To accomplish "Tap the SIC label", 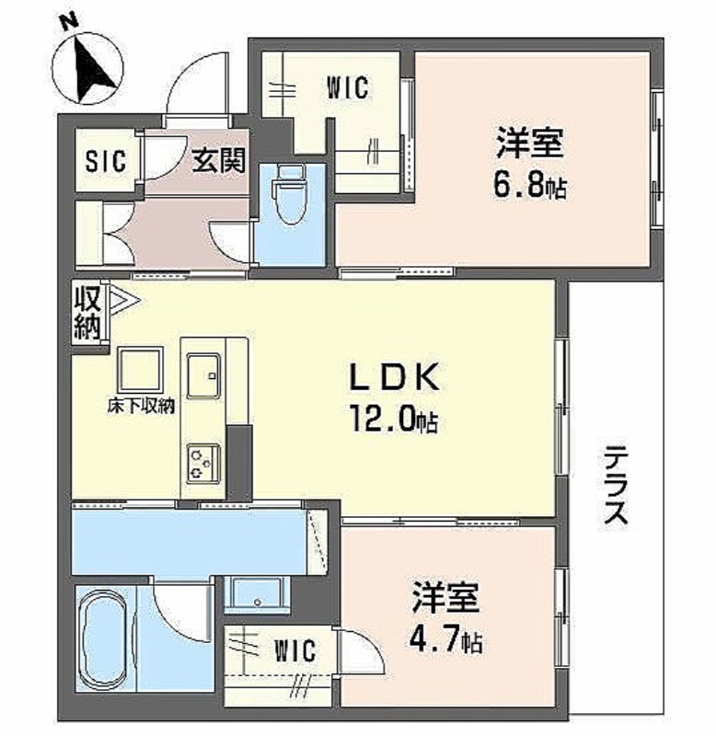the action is (x=106, y=161).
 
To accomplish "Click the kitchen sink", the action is (x=203, y=375).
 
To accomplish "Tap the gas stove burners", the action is (x=203, y=463).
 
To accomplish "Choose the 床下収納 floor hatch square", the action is (x=141, y=371).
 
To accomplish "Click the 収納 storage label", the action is (x=87, y=313).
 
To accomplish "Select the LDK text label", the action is (x=395, y=377).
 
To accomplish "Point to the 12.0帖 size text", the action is (x=394, y=420).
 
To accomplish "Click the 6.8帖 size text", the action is (x=529, y=186).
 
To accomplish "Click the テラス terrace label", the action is (x=616, y=485).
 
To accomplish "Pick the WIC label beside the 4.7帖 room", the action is (x=294, y=650).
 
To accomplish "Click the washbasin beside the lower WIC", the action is (x=257, y=594).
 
